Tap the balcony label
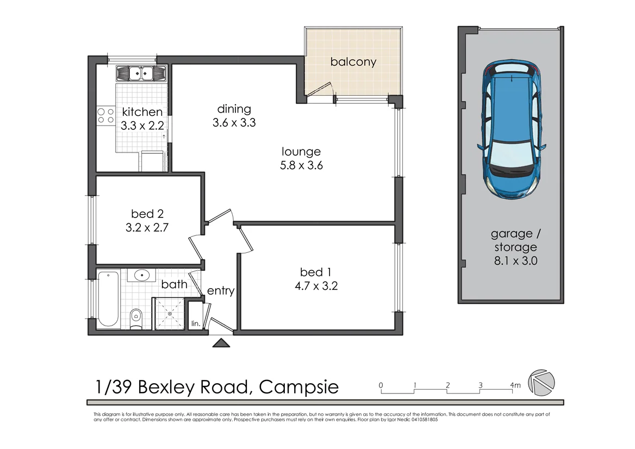coord(353,62)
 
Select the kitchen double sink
coord(140,73)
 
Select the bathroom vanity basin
coord(142,275)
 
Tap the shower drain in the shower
coord(170,314)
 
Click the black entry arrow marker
coord(221,342)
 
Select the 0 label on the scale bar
coord(381,385)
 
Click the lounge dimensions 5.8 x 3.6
coord(301,166)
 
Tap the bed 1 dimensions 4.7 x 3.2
coord(319,286)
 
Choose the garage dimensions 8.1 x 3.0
coord(515,260)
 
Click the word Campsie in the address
coord(298,387)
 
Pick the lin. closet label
coord(195,324)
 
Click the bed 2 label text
coord(147,214)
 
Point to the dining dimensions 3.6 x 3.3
coord(234,123)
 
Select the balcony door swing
coord(321,90)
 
